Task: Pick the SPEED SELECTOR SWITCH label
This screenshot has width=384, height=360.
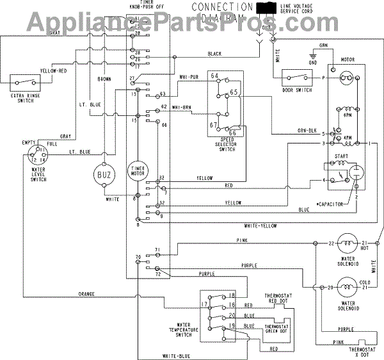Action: point(225,143)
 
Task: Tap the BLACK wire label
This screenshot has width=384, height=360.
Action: point(214,53)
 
